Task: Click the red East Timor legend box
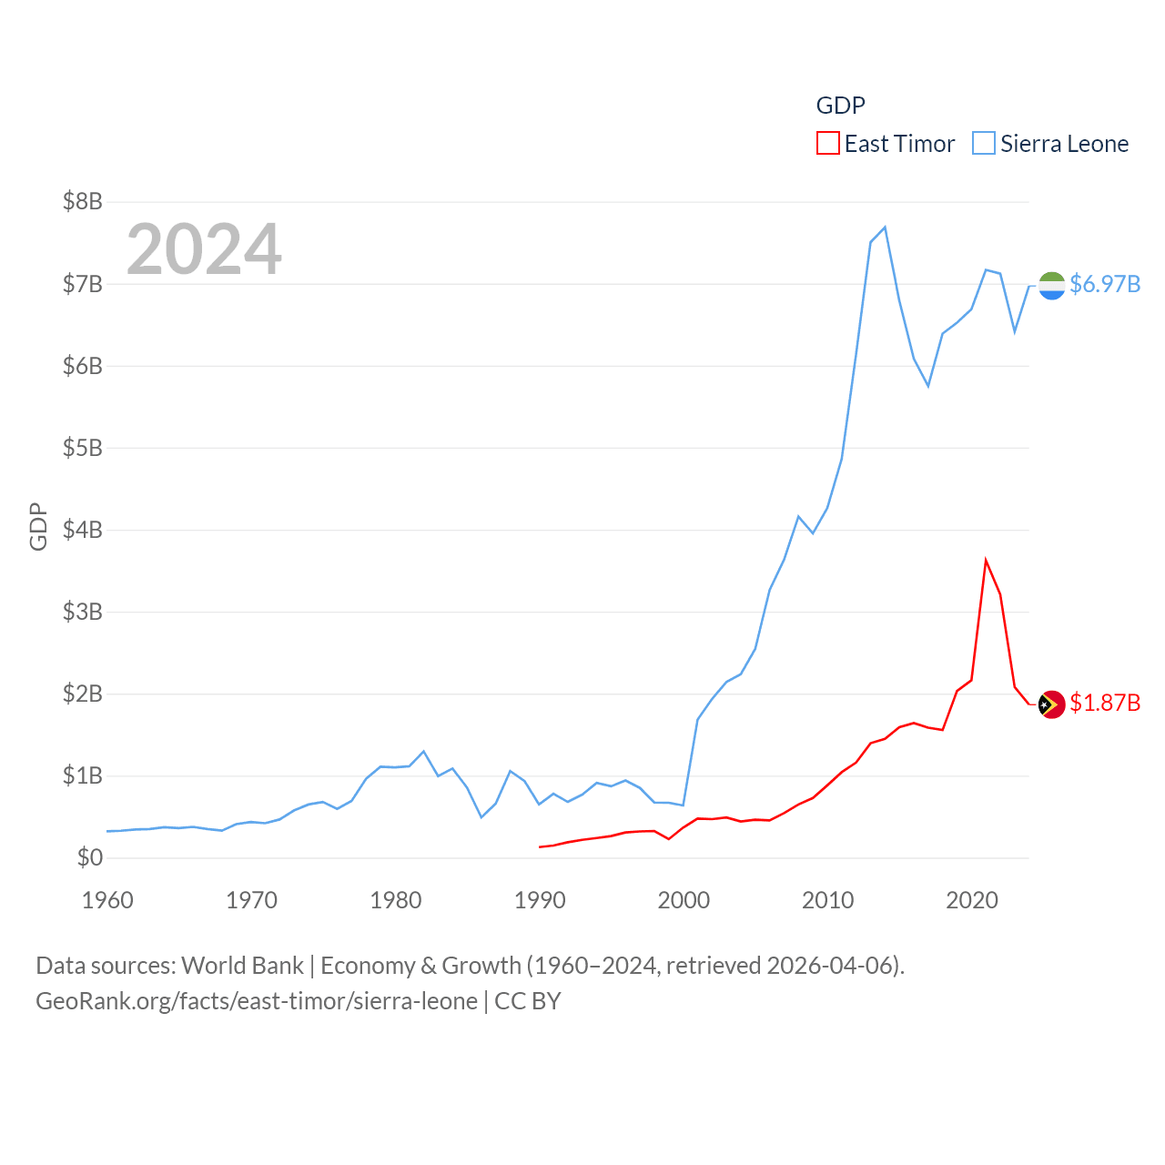tap(827, 144)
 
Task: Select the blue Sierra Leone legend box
tap(984, 144)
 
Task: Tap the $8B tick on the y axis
tap(83, 201)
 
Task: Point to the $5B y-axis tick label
tap(83, 448)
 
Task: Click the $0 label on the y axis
tap(89, 857)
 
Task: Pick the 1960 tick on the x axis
tap(107, 900)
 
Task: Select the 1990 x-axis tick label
tap(540, 900)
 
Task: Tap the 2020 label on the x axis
tap(972, 900)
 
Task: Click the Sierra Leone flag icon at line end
tap(1051, 286)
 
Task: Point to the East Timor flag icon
tap(1051, 704)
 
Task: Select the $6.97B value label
tap(1105, 284)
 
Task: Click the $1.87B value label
tap(1105, 703)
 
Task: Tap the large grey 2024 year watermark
tap(204, 248)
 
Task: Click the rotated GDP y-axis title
tap(38, 526)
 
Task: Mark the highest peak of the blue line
tap(885, 228)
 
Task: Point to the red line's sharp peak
tap(986, 560)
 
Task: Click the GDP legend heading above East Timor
tap(840, 106)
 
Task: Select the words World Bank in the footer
tap(242, 965)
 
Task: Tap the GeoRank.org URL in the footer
tap(257, 1001)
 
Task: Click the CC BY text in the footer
tap(528, 1001)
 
